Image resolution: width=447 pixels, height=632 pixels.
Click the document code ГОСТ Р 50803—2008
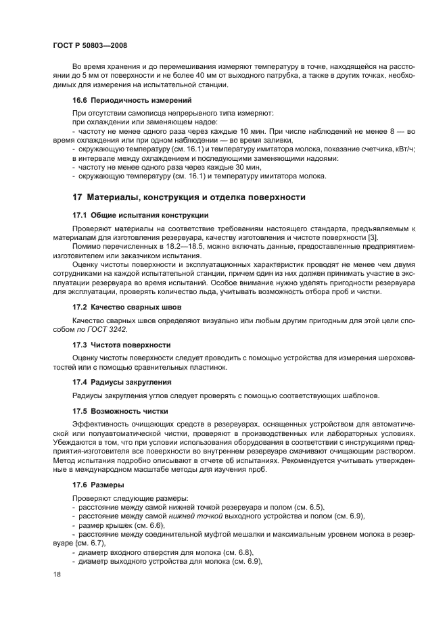point(90,45)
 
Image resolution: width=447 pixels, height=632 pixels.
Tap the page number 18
point(57,573)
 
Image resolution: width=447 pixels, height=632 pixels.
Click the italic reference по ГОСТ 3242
point(103,329)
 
